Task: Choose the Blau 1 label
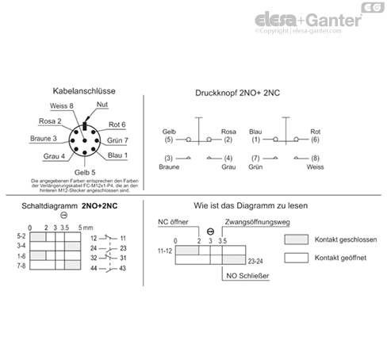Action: [x=117, y=156]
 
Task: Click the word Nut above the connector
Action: [x=102, y=105]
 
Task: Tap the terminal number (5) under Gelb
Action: [x=168, y=140]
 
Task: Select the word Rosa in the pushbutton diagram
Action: [x=228, y=131]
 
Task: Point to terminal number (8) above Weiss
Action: [x=315, y=159]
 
